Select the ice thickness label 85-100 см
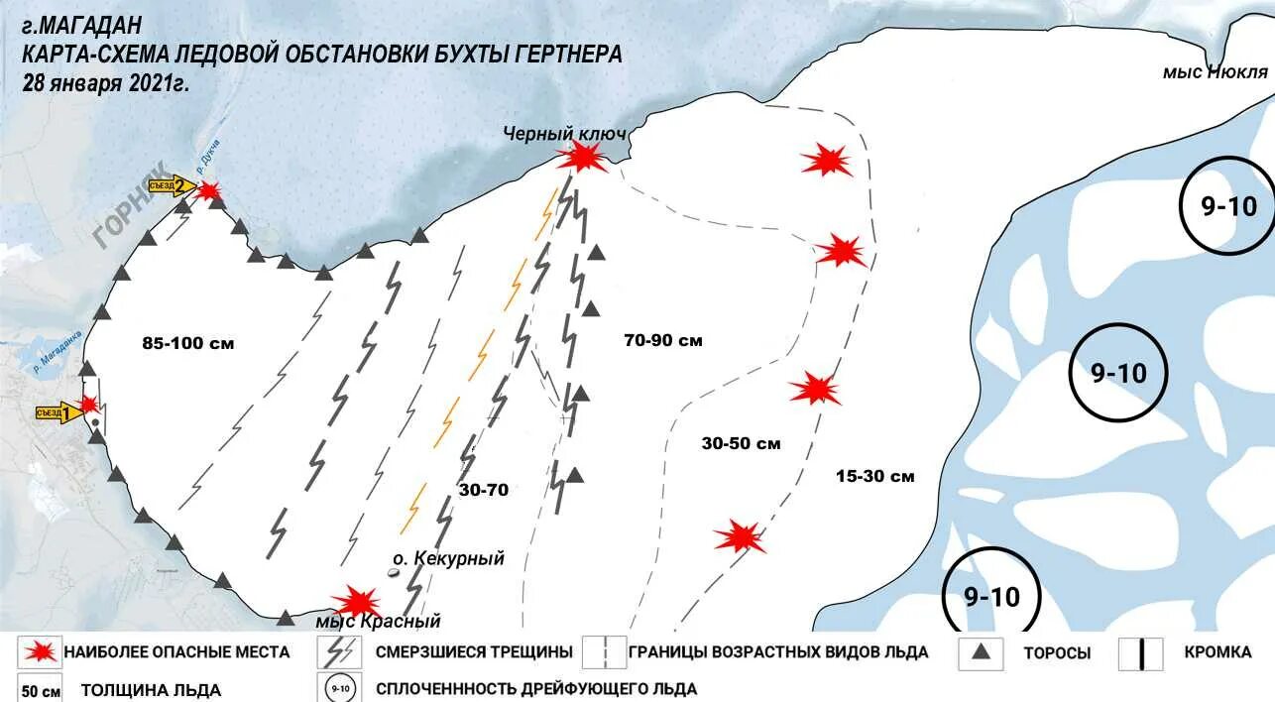188,344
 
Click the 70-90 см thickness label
663,340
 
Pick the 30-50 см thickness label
741,443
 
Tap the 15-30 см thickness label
874,476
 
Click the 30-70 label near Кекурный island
484,489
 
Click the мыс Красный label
378,622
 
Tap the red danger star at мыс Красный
355,601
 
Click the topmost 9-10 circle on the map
1227,206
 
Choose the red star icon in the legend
40,651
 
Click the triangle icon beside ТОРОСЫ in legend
982,651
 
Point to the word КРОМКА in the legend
1217,651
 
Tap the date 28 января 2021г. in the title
106,83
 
